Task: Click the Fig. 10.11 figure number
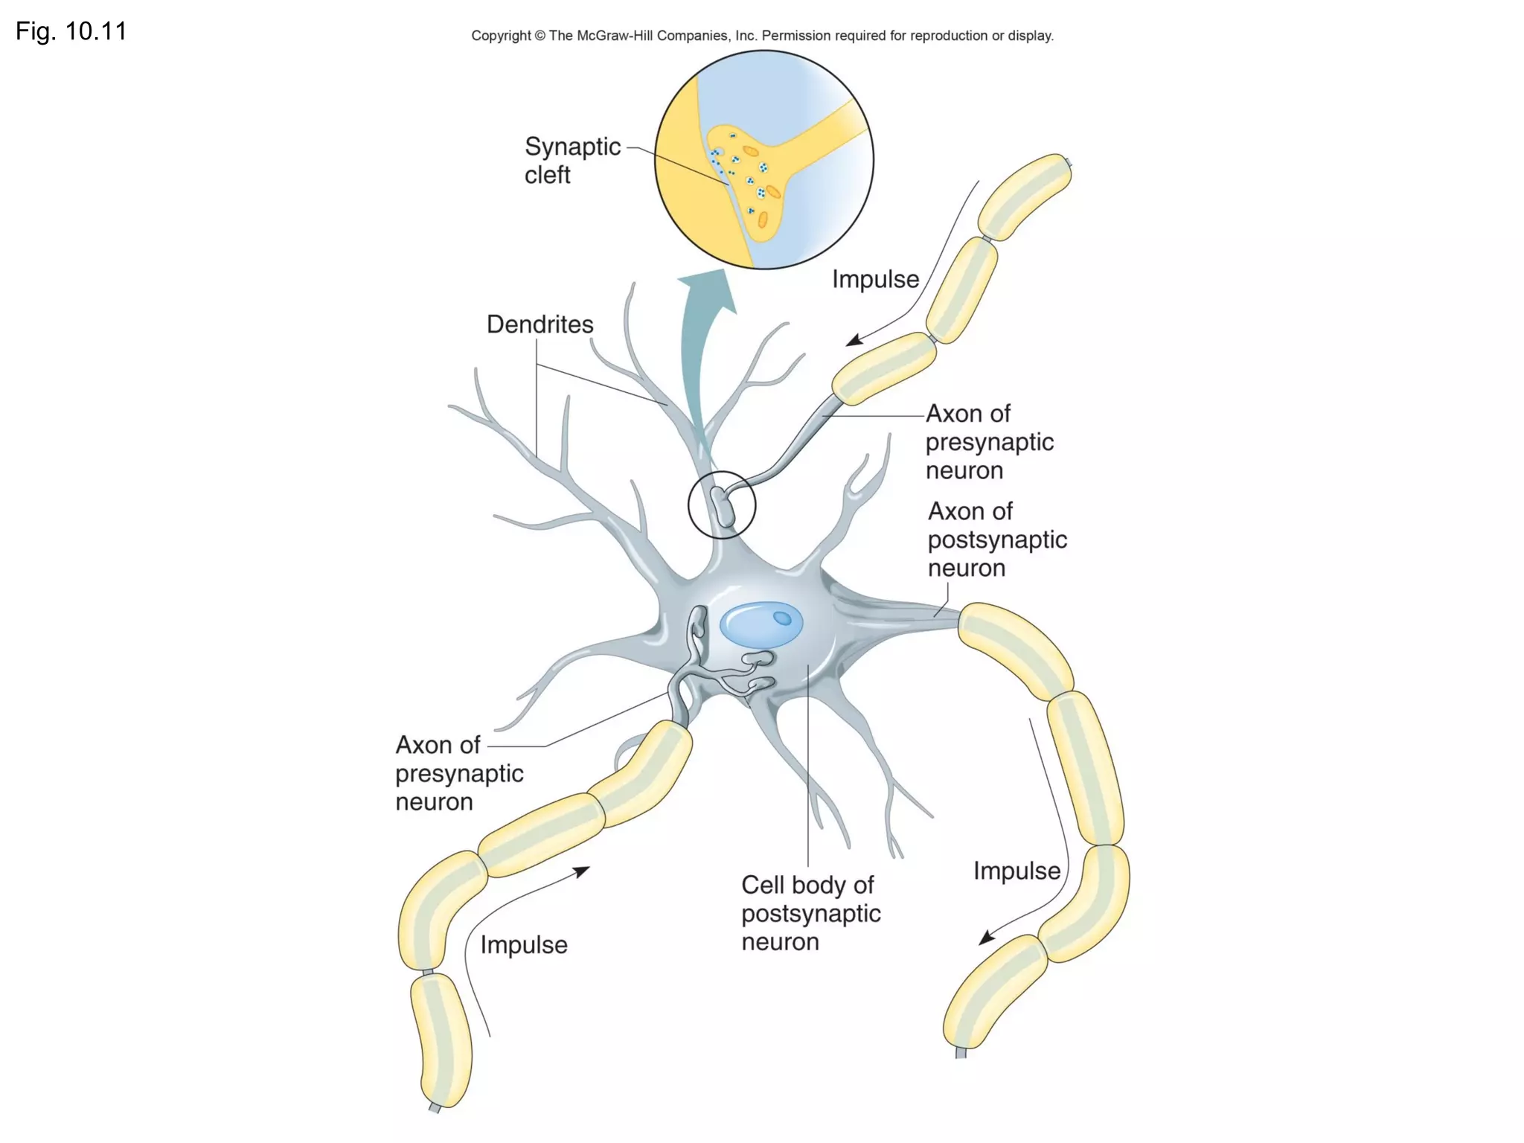71,31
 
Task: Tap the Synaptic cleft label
571,160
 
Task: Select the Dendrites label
540,324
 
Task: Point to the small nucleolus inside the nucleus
782,618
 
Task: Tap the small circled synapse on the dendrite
722,505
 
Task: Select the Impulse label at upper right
875,279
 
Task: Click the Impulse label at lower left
524,944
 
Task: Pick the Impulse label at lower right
1016,871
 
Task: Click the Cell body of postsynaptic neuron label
810,913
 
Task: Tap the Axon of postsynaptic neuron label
996,540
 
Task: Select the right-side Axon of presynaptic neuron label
989,442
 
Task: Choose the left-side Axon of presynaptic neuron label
459,773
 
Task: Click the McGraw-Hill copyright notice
762,36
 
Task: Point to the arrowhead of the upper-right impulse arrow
854,340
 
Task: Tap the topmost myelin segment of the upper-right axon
1025,196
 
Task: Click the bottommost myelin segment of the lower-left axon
441,1040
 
